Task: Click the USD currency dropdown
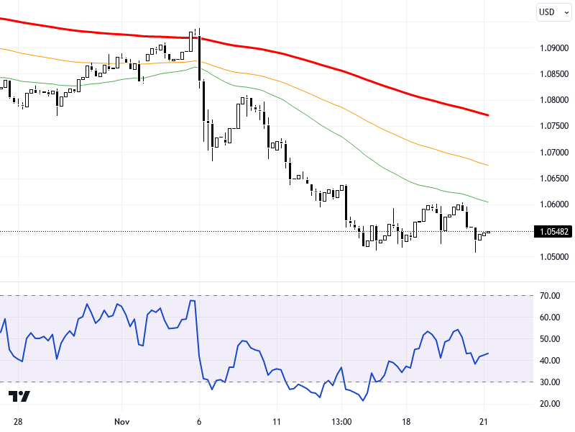point(553,12)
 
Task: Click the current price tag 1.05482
point(553,232)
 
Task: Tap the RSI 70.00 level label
point(551,295)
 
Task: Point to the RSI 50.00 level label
point(551,338)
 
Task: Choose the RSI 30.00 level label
point(551,382)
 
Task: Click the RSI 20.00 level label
point(551,403)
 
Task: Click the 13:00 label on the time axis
point(341,420)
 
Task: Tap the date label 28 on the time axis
point(17,420)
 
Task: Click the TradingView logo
point(19,397)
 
